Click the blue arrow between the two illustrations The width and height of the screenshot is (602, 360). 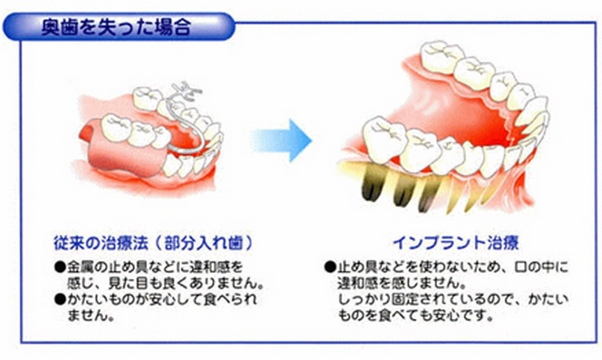(282, 140)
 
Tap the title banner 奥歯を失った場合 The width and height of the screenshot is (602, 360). (119, 27)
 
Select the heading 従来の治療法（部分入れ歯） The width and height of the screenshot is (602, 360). (153, 243)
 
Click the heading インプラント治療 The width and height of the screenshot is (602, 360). (456, 243)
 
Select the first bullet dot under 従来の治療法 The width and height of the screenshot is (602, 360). (61, 266)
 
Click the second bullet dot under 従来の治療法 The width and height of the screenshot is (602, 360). (61, 299)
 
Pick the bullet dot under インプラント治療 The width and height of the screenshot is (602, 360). (330, 266)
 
